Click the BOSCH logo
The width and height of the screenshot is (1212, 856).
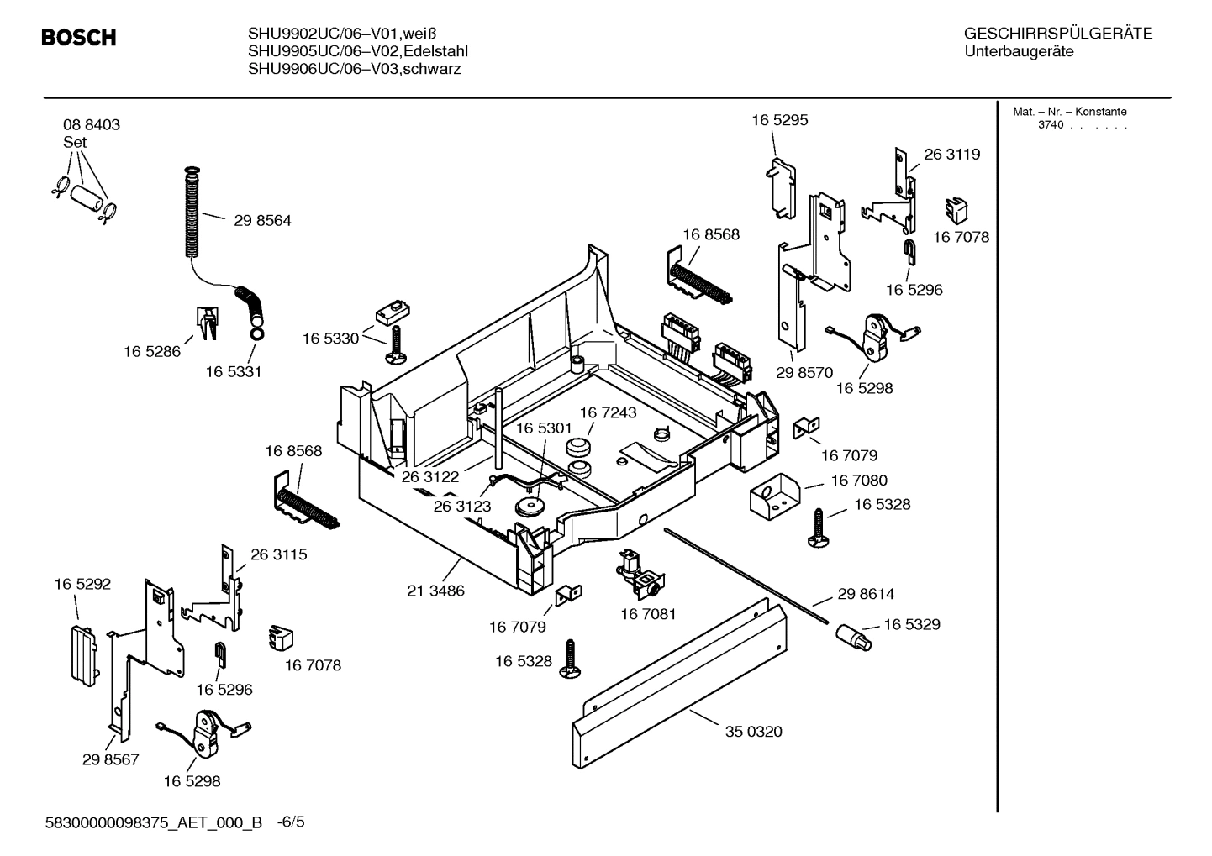pyautogui.click(x=79, y=38)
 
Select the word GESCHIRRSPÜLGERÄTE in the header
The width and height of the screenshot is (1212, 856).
pyautogui.click(x=1057, y=34)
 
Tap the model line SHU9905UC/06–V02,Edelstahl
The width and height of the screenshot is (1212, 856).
pyautogui.click(x=357, y=51)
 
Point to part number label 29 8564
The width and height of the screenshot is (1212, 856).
pyautogui.click(x=262, y=221)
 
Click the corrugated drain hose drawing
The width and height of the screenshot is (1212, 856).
pyautogui.click(x=192, y=214)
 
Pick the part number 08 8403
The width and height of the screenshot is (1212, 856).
pyautogui.click(x=92, y=125)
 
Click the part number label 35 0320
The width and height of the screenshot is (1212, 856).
pyautogui.click(x=753, y=732)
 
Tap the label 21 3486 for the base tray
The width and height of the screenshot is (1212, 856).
pyautogui.click(x=435, y=591)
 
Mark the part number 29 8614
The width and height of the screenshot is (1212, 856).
pyautogui.click(x=866, y=594)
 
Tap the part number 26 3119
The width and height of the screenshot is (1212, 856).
pyautogui.click(x=951, y=155)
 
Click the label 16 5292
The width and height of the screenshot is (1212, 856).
pyautogui.click(x=82, y=584)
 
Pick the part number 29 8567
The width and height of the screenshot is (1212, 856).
pyautogui.click(x=110, y=759)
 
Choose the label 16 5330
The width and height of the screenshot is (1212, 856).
pyautogui.click(x=330, y=339)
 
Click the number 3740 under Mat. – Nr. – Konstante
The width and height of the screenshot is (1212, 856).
pyautogui.click(x=1050, y=125)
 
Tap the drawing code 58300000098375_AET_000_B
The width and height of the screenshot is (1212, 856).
pyautogui.click(x=155, y=822)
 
